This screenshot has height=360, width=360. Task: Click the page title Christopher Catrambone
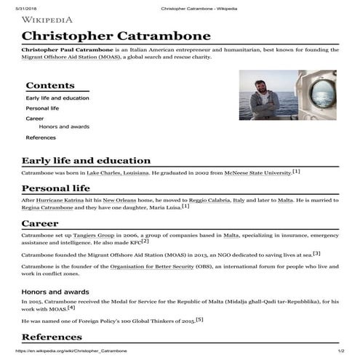pyautogui.click(x=116, y=36)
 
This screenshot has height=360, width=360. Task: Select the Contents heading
pyautogui.click(x=50, y=85)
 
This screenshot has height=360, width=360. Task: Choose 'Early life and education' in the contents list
pyautogui.click(x=57, y=98)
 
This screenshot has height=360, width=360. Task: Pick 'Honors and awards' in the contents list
pyautogui.click(x=64, y=127)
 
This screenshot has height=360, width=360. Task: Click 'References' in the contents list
pyautogui.click(x=41, y=137)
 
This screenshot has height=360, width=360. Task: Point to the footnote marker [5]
pyautogui.click(x=199, y=319)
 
